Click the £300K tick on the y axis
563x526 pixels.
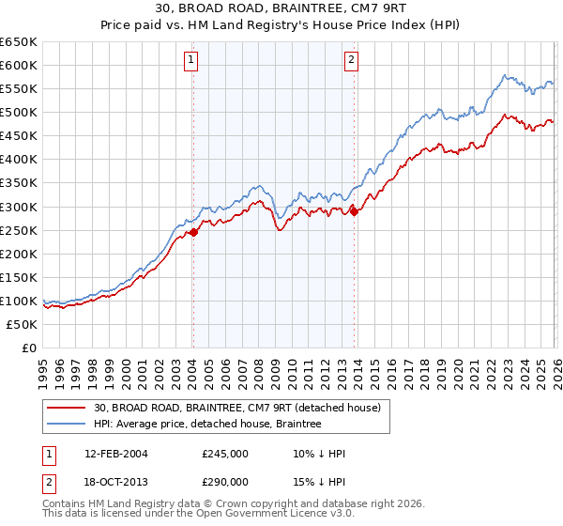[x=20, y=207]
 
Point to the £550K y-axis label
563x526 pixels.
[x=20, y=89]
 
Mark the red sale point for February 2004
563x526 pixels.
[x=193, y=233]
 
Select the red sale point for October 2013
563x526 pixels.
[x=354, y=211]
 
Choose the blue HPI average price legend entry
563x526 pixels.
[x=206, y=425]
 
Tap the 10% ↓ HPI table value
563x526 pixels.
[x=319, y=454]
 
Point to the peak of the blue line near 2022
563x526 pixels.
[x=504, y=75]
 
